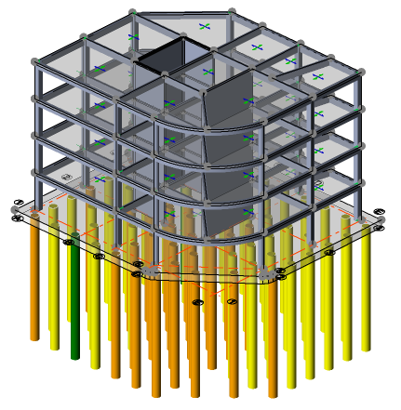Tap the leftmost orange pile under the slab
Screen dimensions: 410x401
click(34, 279)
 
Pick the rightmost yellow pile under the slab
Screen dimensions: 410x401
click(372, 279)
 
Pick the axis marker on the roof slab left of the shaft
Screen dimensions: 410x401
click(133, 37)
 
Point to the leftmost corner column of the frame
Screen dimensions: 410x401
click(37, 130)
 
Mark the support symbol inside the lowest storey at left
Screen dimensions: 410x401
click(66, 178)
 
